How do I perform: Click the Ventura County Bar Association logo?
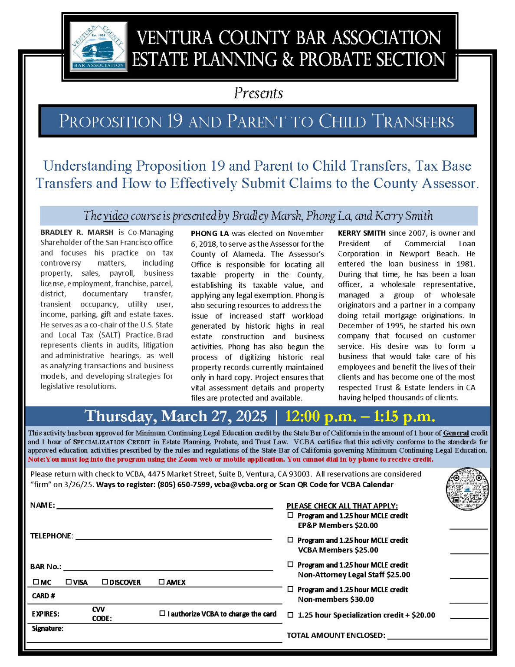coord(98,46)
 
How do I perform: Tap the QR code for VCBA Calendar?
coord(467,489)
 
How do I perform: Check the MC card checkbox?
coord(36,582)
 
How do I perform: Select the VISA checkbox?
coord(69,582)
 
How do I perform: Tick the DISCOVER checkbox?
coord(105,582)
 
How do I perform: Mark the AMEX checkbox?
coord(162,582)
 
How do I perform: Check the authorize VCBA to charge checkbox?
coord(163,614)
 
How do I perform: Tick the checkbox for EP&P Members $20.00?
coord(290,515)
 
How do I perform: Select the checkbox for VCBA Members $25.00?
coord(290,540)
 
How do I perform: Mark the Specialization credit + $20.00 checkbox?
coord(290,615)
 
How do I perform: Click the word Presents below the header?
coord(258,93)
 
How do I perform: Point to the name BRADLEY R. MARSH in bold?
coord(77,232)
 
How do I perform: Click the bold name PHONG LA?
coord(210,234)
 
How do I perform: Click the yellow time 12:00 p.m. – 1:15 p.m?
coord(360,416)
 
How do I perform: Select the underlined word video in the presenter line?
coord(116,216)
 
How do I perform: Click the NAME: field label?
coord(43,505)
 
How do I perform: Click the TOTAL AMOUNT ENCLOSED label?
coord(336,635)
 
